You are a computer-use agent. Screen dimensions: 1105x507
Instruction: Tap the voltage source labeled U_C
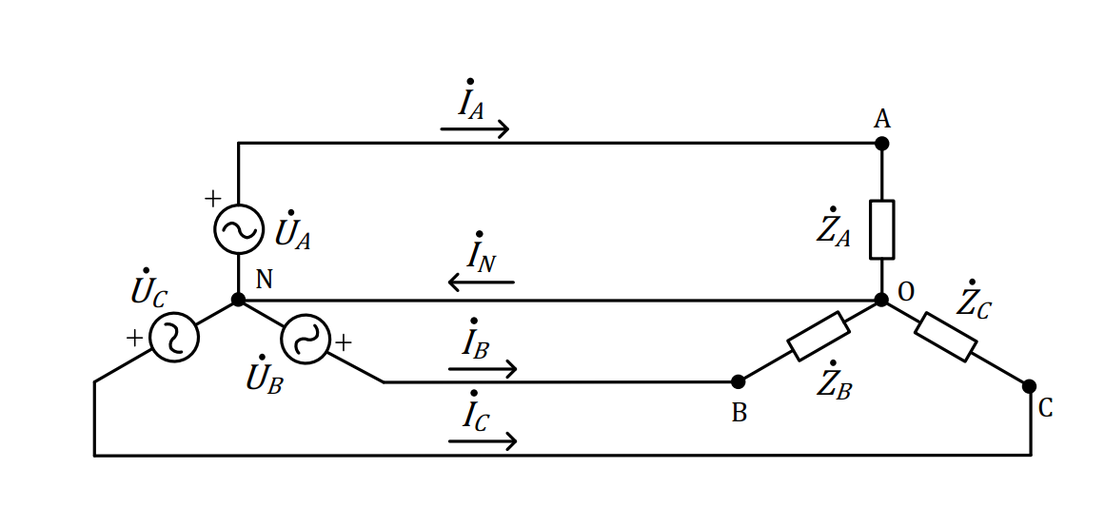point(173,338)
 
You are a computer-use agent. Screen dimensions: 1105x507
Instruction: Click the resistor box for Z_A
point(881,229)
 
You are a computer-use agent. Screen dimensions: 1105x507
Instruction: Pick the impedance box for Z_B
point(818,337)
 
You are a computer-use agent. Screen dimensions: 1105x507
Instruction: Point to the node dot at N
point(238,300)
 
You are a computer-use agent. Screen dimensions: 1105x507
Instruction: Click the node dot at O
point(881,300)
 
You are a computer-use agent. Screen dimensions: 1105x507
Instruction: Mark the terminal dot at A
point(881,144)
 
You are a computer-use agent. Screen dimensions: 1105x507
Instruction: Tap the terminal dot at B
point(738,381)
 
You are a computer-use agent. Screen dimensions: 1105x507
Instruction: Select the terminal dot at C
point(1029,386)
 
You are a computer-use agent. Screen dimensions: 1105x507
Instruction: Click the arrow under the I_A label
point(474,129)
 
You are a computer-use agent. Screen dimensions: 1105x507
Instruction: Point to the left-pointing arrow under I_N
point(482,283)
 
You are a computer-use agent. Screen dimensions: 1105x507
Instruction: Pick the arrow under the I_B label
point(483,368)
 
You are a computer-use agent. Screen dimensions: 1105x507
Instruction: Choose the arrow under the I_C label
point(483,441)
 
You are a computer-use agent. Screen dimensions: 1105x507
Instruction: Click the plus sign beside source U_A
point(212,199)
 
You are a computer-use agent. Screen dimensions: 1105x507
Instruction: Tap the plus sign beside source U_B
point(343,343)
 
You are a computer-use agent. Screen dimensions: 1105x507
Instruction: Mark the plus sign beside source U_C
point(134,339)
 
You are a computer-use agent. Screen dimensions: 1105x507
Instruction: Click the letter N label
point(264,280)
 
